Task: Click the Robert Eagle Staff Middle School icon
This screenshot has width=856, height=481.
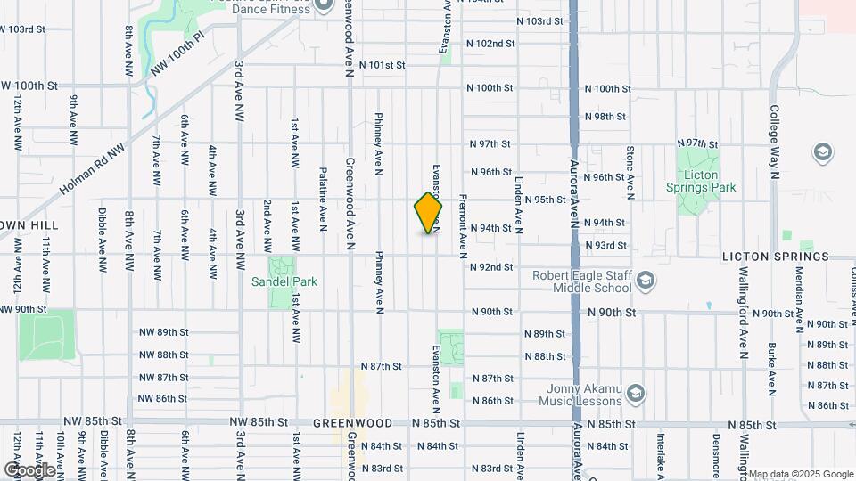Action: click(645, 281)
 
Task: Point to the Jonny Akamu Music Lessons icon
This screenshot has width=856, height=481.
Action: click(636, 393)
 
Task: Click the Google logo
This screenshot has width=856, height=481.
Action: click(29, 469)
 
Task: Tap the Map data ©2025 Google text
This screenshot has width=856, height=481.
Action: click(801, 474)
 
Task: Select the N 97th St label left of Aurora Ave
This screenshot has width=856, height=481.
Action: click(491, 144)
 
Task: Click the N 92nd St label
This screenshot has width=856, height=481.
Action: click(492, 267)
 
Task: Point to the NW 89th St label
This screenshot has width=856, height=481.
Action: click(163, 332)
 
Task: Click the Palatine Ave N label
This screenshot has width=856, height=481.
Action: click(323, 196)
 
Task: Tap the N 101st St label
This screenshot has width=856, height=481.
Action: click(383, 65)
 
